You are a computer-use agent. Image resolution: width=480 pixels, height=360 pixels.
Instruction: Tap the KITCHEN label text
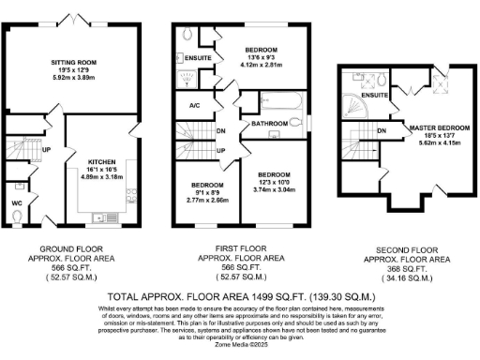(100, 160)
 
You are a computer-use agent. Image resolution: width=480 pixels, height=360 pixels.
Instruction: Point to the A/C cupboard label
(195, 106)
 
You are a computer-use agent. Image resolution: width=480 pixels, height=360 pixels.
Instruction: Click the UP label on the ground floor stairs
(46, 147)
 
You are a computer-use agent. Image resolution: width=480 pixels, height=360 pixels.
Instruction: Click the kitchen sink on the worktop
(101, 217)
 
